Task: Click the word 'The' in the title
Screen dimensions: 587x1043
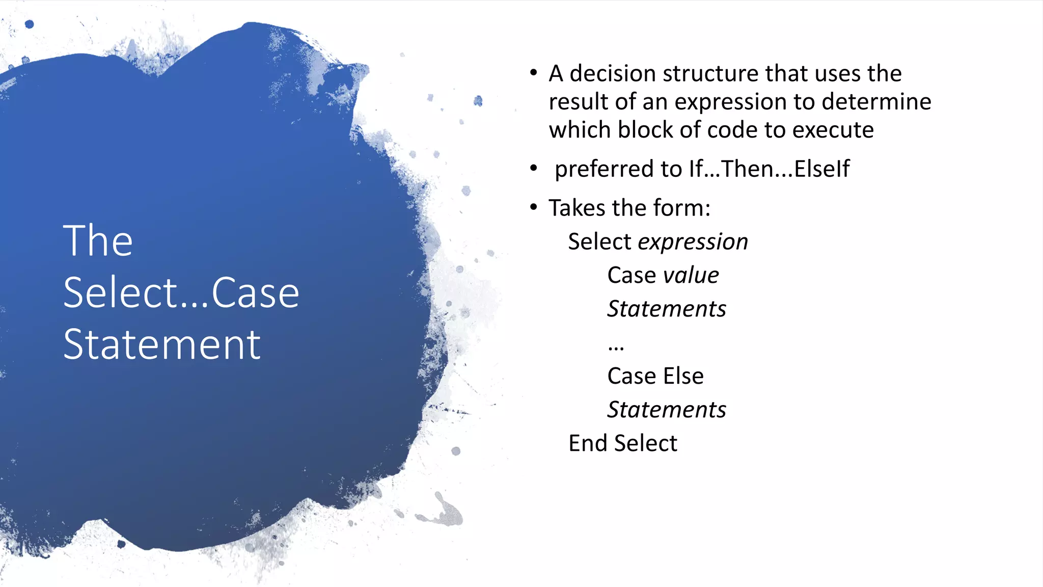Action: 98,241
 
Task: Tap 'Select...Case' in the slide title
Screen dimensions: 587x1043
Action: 181,293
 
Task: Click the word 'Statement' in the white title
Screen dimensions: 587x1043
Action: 162,345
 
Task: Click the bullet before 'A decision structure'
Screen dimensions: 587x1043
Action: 533,73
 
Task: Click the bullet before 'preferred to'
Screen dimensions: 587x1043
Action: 533,168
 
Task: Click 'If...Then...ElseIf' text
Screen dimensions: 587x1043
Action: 769,169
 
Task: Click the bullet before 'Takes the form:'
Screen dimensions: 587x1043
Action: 533,207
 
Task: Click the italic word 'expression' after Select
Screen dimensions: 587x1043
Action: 693,242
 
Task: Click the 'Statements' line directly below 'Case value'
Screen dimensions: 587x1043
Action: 667,309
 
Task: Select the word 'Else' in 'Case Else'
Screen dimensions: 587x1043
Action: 683,377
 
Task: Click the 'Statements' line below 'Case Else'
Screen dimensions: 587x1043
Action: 667,410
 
